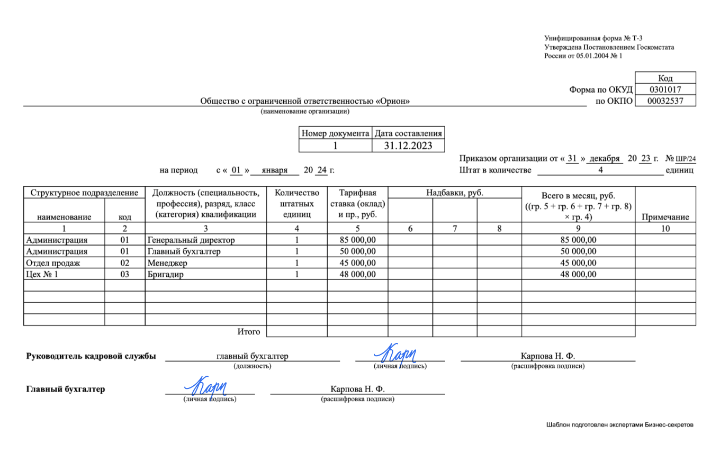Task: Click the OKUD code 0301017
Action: [x=665, y=89]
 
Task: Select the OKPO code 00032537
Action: [x=665, y=101]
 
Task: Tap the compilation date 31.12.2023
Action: [x=408, y=146]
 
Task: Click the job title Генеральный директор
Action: [x=191, y=240]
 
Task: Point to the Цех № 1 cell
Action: [x=42, y=274]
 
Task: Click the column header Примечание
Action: [x=665, y=217]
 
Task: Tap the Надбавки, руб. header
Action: [x=455, y=193]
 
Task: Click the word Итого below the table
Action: [x=248, y=332]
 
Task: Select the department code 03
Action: [x=124, y=274]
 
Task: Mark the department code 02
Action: [x=124, y=262]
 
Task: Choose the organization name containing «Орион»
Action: [x=305, y=101]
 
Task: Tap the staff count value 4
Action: [x=600, y=170]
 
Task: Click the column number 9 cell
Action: [x=578, y=229]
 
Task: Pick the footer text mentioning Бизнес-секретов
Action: [x=619, y=425]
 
